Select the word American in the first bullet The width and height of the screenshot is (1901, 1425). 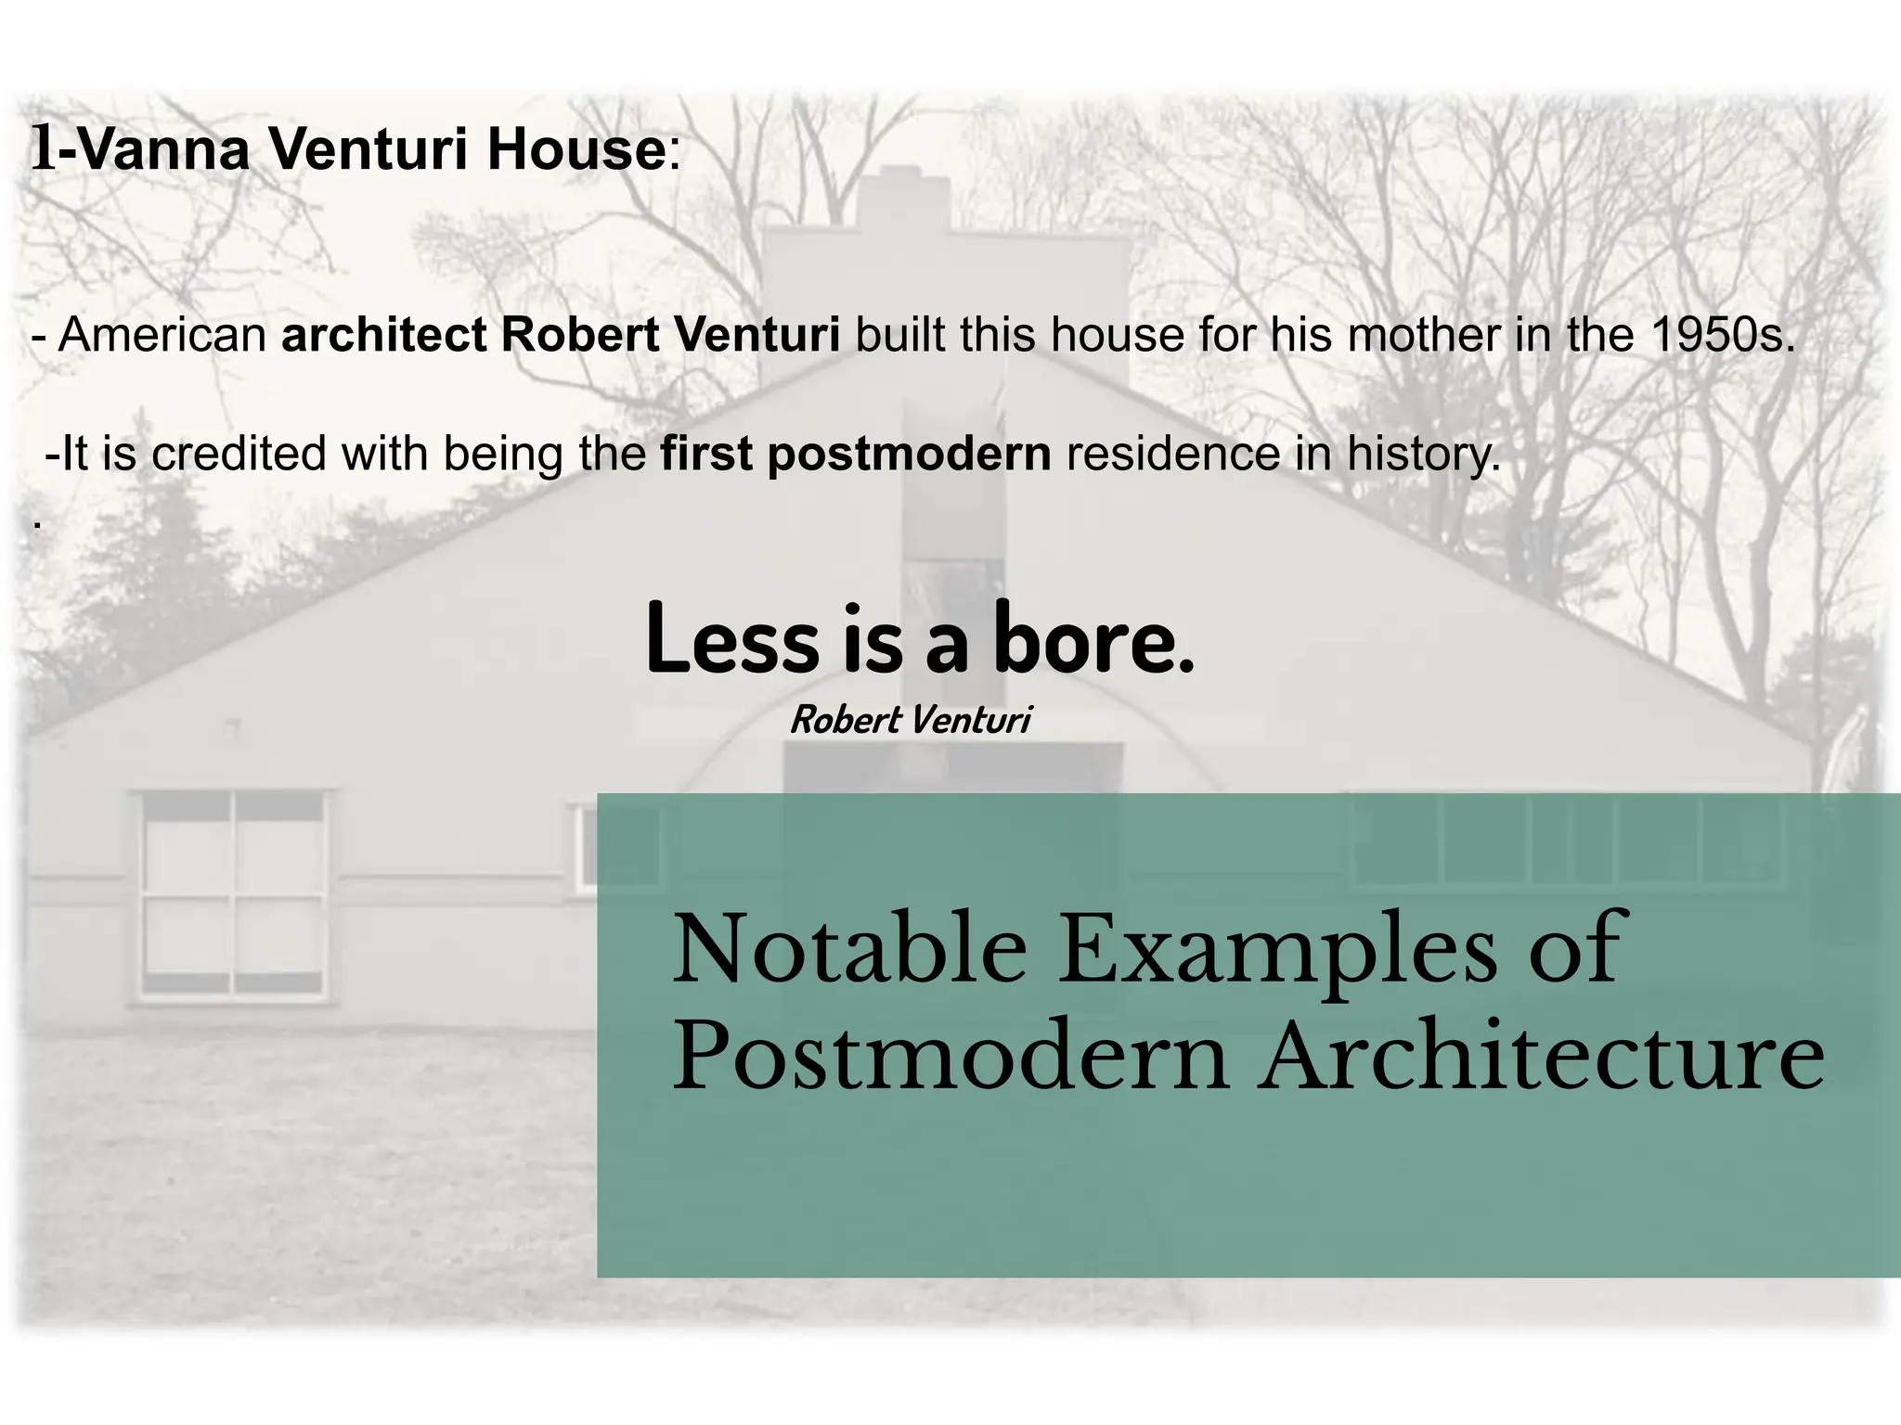pos(162,335)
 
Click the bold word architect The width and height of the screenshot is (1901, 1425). pos(384,335)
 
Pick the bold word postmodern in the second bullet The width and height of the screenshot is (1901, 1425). pos(909,454)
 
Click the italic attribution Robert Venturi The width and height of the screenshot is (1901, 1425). pos(910,720)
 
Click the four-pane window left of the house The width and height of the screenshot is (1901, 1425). pos(234,893)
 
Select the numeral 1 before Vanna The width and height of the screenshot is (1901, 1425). pos(43,149)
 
